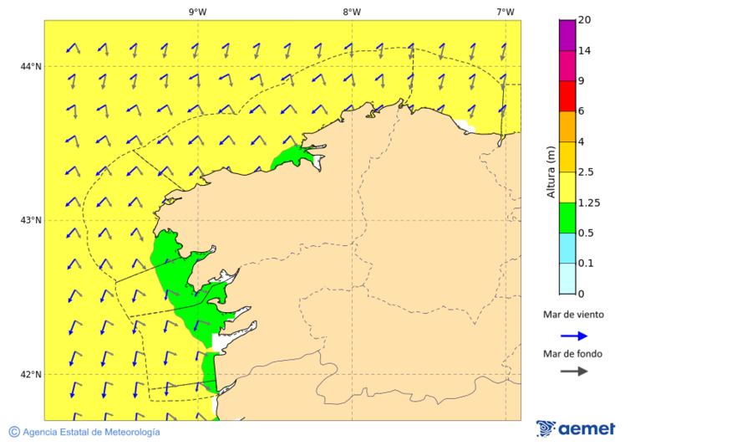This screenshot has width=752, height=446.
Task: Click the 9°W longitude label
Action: point(198,12)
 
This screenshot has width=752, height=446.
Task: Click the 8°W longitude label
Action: point(352,12)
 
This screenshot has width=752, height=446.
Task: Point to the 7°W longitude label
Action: point(505,12)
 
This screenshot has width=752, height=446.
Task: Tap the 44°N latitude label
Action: point(31,66)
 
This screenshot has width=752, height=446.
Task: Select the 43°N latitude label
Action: point(31,220)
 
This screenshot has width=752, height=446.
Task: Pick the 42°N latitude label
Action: point(31,374)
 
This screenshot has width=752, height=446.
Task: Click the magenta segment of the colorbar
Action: point(567,35)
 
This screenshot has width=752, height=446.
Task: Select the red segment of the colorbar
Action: point(567,96)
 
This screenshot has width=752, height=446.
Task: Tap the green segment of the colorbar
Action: point(567,218)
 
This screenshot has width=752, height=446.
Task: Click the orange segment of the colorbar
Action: point(567,126)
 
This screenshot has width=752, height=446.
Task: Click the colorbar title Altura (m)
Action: point(551,172)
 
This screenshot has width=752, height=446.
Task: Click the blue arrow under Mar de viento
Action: point(574,336)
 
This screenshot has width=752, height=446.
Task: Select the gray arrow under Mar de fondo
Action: point(574,372)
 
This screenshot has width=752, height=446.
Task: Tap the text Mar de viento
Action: point(573,315)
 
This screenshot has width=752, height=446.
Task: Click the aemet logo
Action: point(576,428)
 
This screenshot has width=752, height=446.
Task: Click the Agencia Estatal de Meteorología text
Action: point(91,432)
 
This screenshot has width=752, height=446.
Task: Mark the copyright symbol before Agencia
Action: point(14,432)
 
